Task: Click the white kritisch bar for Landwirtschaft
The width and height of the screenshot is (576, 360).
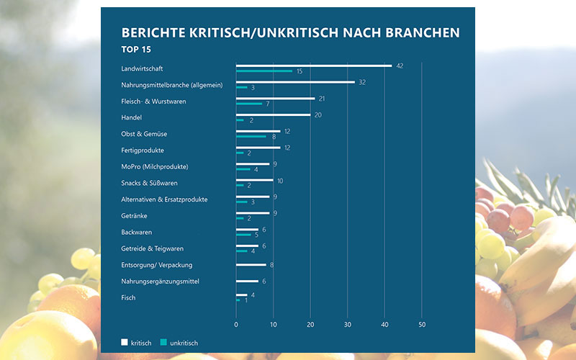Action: pos(314,66)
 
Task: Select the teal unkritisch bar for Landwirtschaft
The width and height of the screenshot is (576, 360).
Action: pos(264,71)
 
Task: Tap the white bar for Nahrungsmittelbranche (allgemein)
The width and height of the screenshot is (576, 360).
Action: pos(295,82)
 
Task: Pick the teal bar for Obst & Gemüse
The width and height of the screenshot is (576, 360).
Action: pos(251,136)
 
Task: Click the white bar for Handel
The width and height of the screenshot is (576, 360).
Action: pos(273,114)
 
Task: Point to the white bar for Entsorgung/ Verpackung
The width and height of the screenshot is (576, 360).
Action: pos(251,265)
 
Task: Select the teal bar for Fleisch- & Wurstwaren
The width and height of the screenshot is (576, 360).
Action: pos(249,104)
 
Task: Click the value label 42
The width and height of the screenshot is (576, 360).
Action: pos(400,66)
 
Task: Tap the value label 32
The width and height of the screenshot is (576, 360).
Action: pos(363,82)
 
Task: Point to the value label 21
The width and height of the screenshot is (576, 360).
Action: pos(322,99)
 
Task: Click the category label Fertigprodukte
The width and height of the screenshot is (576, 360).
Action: pos(143,150)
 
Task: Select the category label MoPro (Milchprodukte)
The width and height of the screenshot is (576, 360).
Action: pos(155,167)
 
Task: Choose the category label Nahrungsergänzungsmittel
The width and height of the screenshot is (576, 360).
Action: pos(160,281)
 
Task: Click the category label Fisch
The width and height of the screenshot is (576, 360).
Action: pos(128,297)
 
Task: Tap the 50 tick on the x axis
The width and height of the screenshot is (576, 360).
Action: pos(422,324)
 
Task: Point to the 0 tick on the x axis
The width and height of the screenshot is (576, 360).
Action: pos(236,324)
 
